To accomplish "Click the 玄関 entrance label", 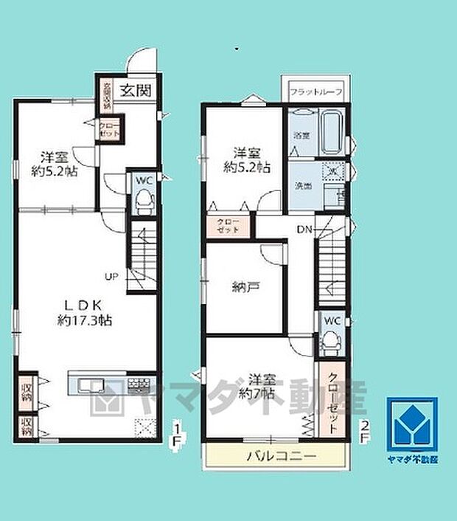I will coord(136,92).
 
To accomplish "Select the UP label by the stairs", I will coord(111,277).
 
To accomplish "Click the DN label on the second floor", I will coord(304,230).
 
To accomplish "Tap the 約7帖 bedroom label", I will coord(257,387).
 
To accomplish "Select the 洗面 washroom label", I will coord(303,185).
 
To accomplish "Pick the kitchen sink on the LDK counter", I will coord(91,384).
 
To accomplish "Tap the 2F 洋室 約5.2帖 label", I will coord(246,159).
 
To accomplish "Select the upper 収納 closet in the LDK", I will coord(27,392).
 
